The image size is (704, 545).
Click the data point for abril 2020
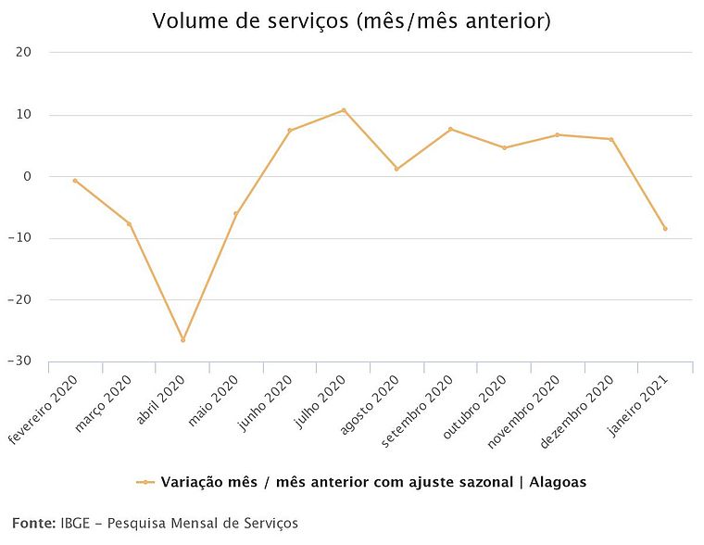tap(182, 340)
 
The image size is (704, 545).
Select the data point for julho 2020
tap(344, 110)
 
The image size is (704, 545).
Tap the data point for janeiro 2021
tap(665, 228)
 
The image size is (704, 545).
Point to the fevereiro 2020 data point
tap(75, 181)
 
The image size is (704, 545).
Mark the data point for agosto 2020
tap(396, 169)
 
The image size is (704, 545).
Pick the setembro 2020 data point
tap(450, 129)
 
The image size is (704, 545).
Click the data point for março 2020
tap(129, 223)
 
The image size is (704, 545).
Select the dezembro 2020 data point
tap(611, 139)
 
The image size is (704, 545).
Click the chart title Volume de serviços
tap(351, 20)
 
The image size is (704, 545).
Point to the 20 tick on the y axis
tap(25, 53)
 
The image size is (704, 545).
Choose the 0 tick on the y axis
tap(28, 176)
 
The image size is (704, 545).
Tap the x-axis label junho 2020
tap(269, 400)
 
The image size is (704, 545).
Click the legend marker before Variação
tap(145, 482)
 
